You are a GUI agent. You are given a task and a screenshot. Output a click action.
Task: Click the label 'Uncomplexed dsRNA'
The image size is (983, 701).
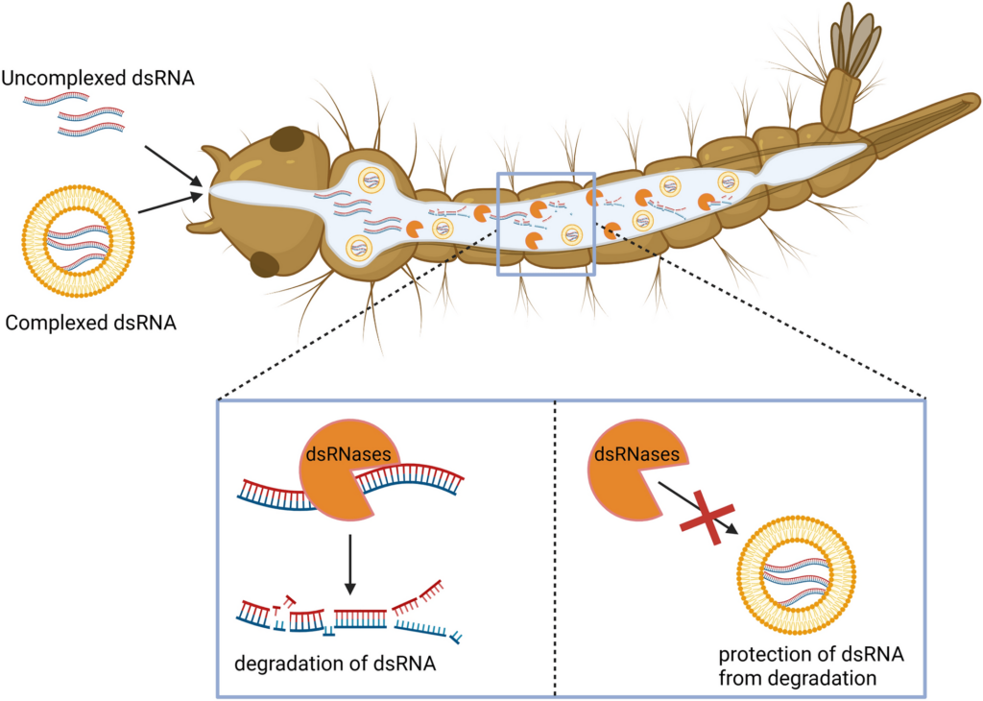[x=99, y=78]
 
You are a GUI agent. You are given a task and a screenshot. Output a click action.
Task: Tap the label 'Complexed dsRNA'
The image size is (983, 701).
[x=90, y=322]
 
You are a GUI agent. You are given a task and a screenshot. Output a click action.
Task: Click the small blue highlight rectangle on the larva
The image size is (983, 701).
[x=545, y=224]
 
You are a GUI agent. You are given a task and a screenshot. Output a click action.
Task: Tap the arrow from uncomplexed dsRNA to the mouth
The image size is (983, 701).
[x=174, y=163]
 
